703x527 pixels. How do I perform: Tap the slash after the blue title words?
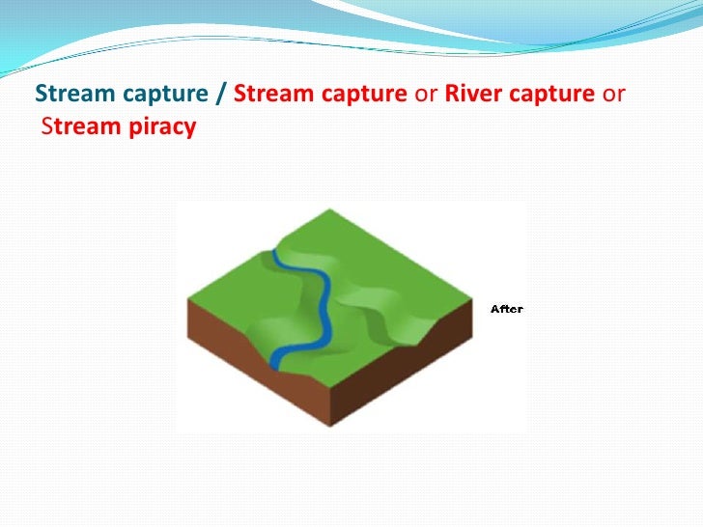[221, 96]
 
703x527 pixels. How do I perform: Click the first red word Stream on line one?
[266, 96]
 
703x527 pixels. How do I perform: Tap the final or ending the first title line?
[614, 96]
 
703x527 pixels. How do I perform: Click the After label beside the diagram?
[507, 309]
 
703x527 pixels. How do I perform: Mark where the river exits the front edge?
[276, 365]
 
